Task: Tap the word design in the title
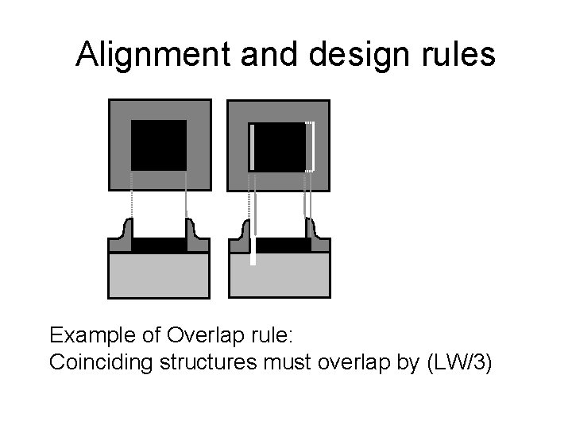point(350,55)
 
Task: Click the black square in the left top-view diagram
point(159,145)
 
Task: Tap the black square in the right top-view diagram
point(279,147)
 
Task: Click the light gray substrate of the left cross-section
point(159,275)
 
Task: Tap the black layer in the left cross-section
point(159,245)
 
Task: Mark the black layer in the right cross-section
point(283,245)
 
